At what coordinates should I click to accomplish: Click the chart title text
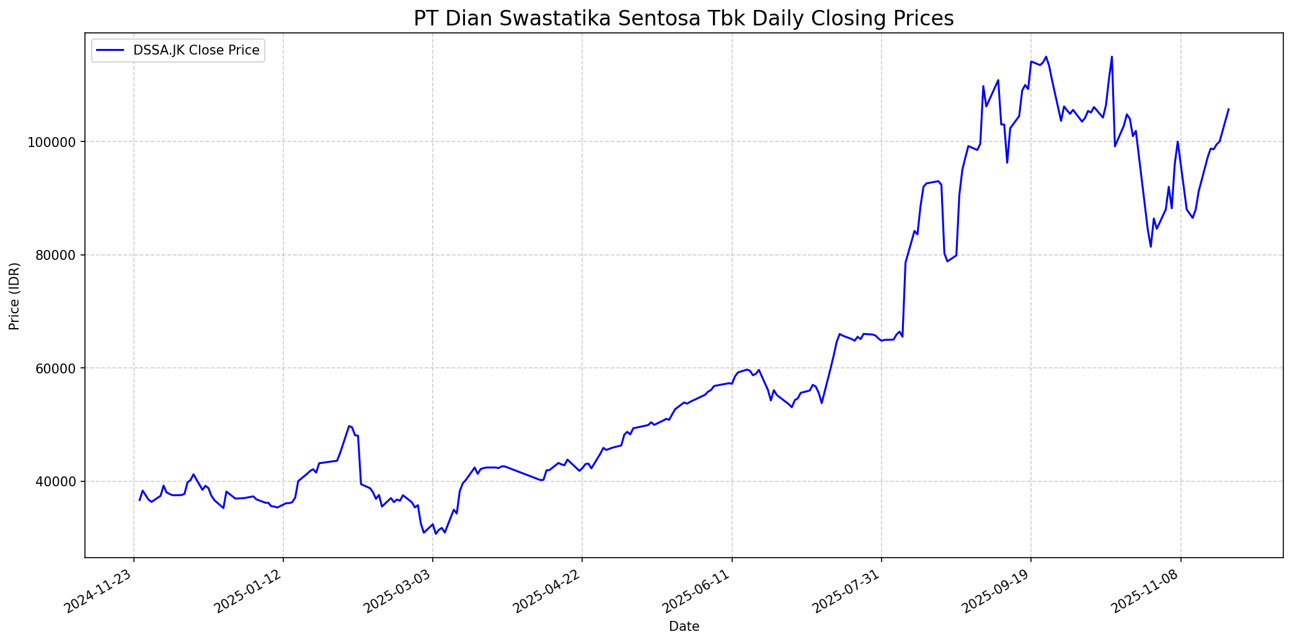coord(683,19)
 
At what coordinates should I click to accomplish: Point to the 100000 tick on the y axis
coord(56,142)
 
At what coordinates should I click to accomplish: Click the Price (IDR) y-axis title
coord(14,296)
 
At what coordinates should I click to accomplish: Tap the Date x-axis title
coord(684,627)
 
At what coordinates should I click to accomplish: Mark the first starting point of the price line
coord(139,500)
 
